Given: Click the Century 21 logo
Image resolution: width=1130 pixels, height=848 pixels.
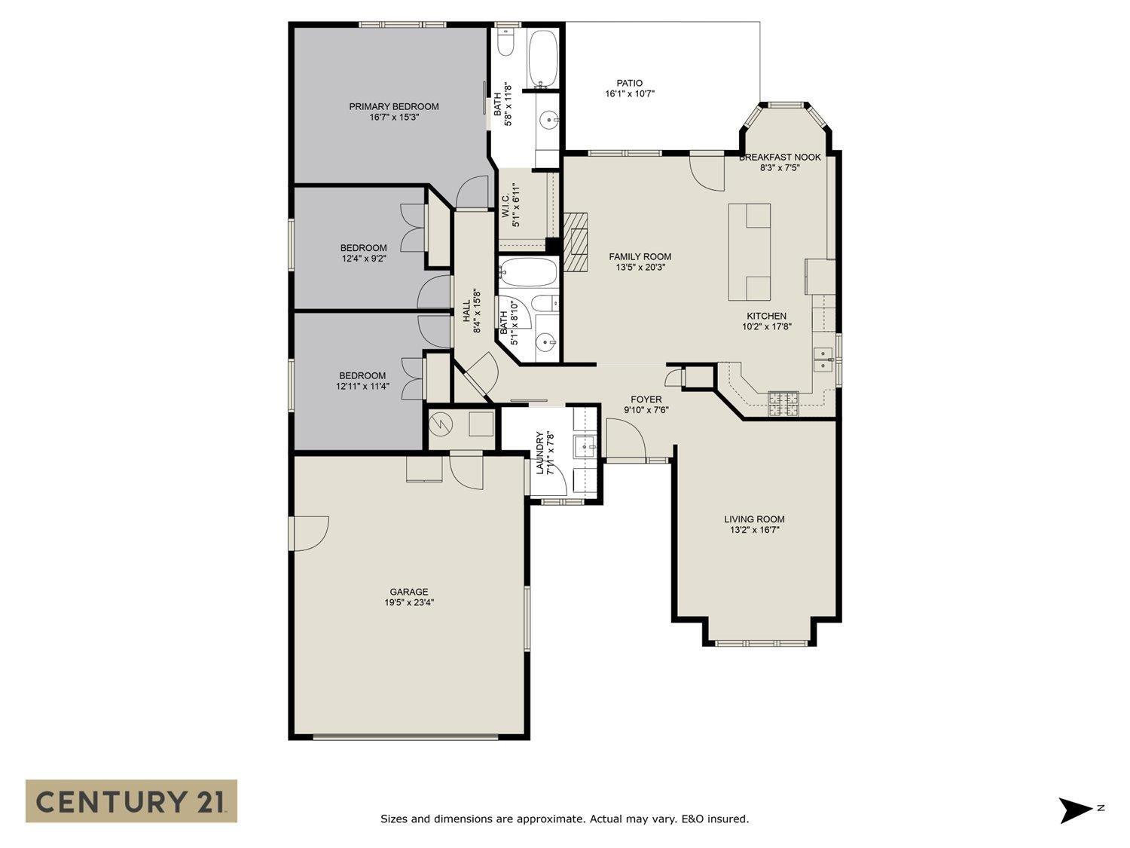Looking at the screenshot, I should tap(131, 801).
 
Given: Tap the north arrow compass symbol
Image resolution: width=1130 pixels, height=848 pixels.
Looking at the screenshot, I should tap(1076, 810).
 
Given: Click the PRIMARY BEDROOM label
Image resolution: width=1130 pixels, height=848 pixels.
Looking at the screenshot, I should tap(393, 106).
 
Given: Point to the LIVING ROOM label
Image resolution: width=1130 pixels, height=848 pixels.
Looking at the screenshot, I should tap(754, 519).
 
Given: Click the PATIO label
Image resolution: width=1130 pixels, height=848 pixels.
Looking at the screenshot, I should tap(629, 83).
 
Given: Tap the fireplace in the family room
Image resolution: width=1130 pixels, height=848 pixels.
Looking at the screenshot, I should tap(576, 240).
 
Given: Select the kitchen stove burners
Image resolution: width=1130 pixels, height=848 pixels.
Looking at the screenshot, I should tap(783, 404).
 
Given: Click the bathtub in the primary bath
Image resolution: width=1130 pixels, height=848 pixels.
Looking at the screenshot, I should tap(543, 58).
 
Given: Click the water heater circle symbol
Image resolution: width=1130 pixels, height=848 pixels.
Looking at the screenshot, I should tap(438, 424).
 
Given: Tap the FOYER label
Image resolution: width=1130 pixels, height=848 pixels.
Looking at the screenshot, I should tap(646, 400).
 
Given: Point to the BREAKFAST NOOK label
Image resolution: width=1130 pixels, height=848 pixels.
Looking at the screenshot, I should tap(780, 157).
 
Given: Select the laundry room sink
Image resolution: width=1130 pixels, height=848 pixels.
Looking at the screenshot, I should tap(585, 447).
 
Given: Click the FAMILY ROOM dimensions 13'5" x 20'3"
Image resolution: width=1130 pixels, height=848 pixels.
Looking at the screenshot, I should tap(640, 267).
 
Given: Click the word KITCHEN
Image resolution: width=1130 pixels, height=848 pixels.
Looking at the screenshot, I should tap(766, 316).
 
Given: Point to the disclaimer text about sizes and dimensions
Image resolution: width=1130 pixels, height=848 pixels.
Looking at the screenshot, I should tap(564, 819).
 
